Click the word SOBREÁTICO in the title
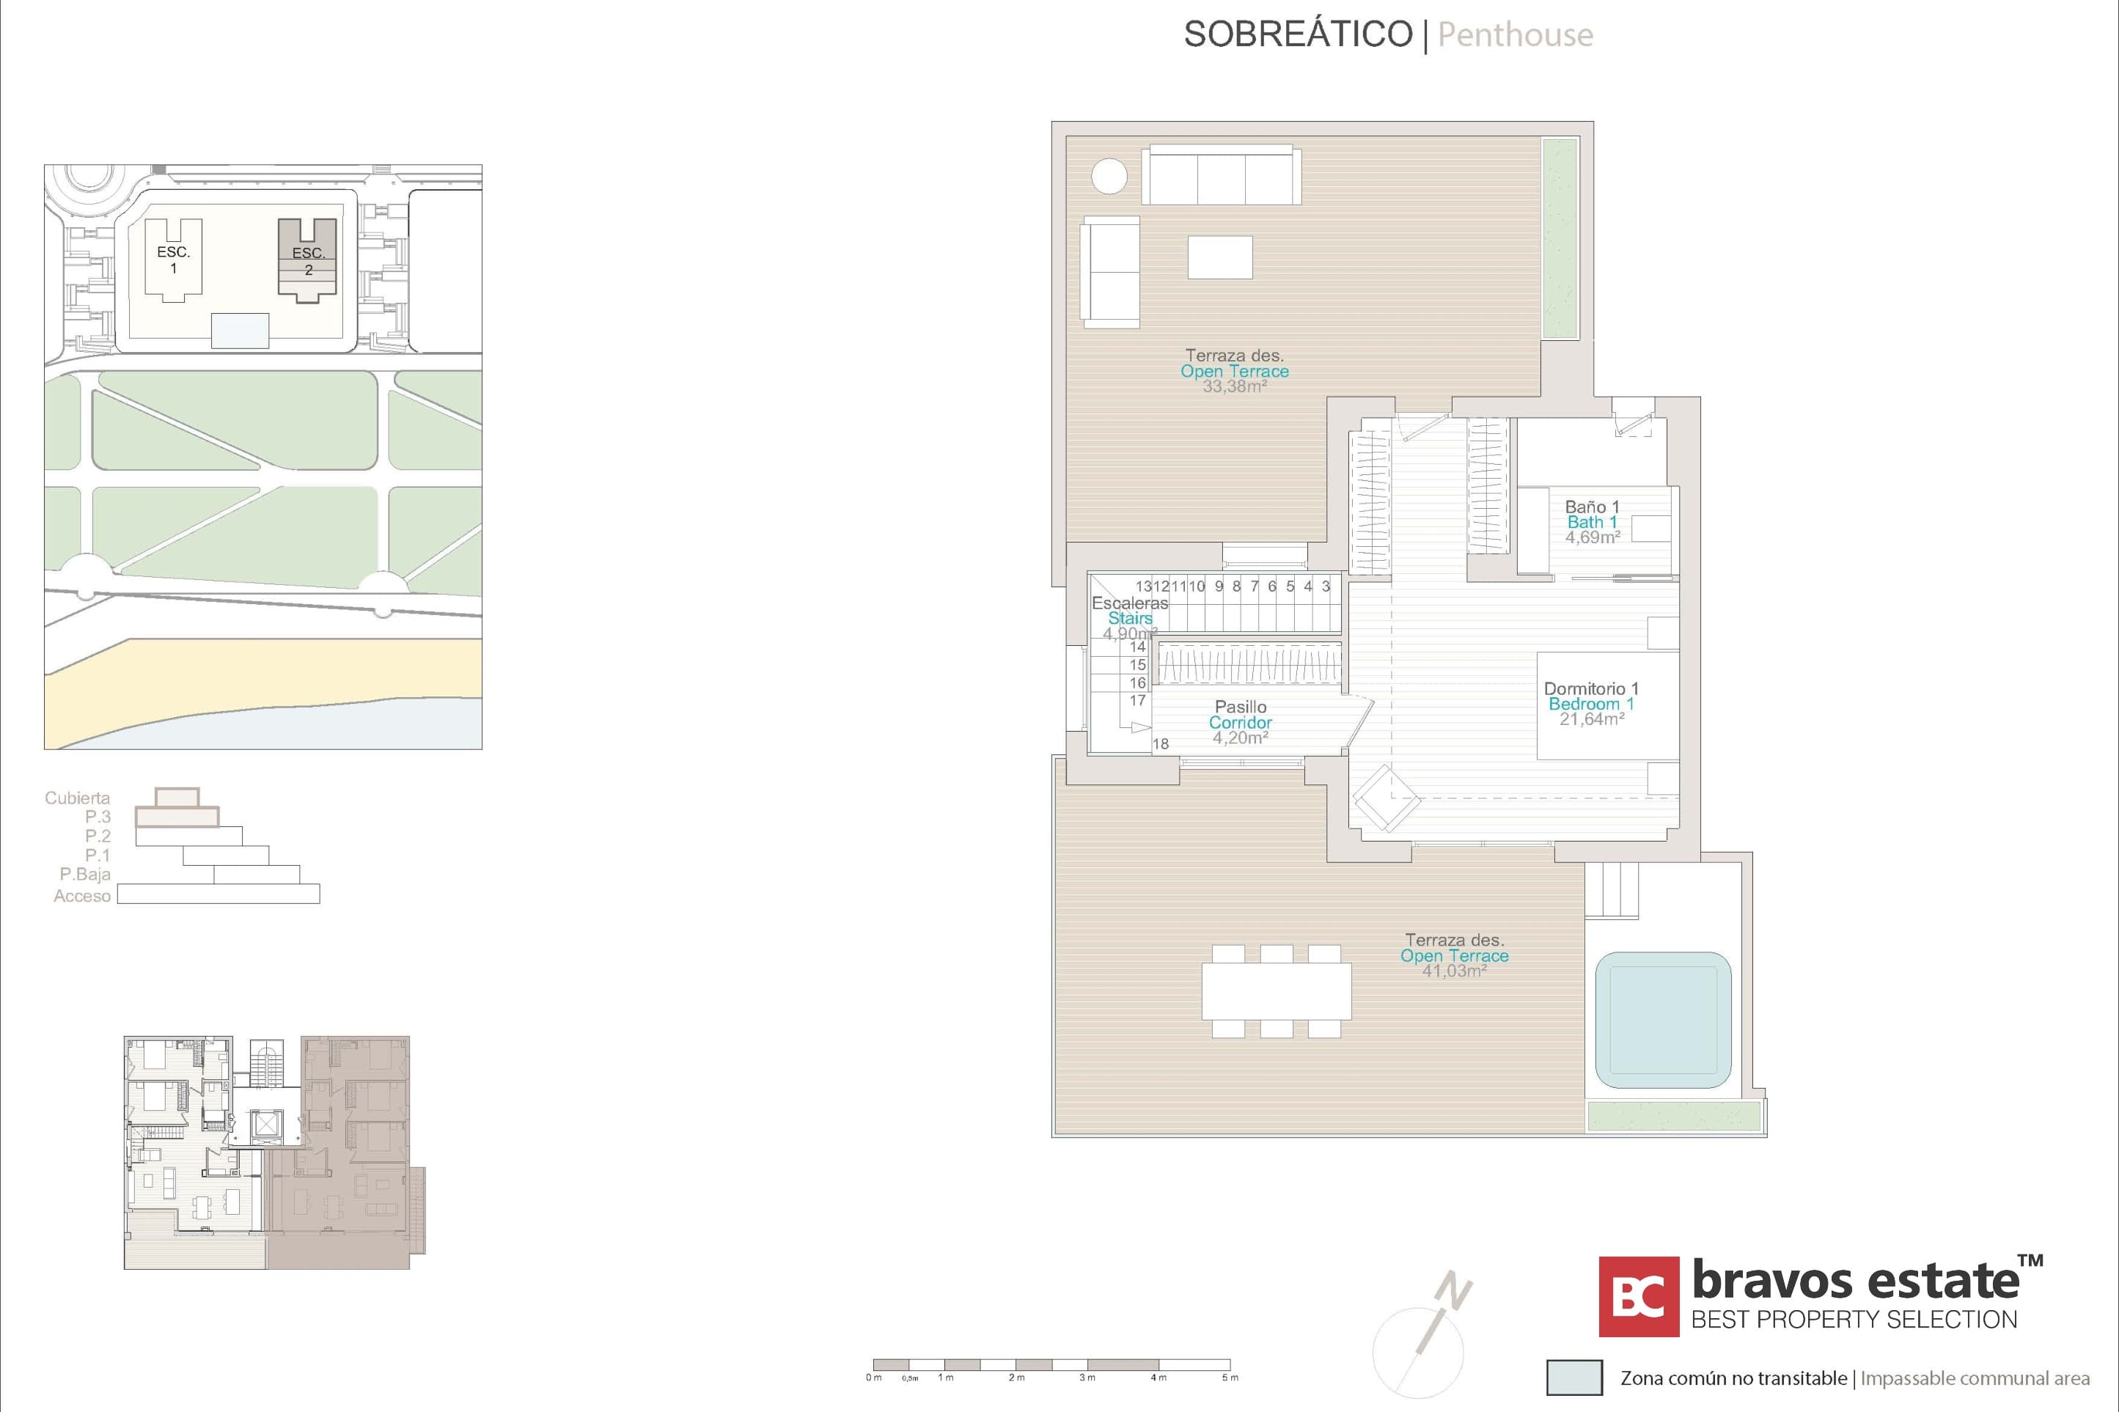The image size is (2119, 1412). click(1298, 34)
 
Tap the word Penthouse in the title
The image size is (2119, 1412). click(1515, 34)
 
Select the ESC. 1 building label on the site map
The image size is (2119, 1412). click(174, 260)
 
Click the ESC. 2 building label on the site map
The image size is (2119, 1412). click(308, 261)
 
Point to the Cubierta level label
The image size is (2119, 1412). click(78, 798)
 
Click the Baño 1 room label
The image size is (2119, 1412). click(1591, 507)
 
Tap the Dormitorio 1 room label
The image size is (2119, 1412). click(1590, 689)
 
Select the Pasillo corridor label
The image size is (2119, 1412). click(1240, 707)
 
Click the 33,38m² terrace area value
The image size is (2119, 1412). click(1235, 386)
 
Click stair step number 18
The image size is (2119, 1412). click(1161, 744)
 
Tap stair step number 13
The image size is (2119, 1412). click(1144, 587)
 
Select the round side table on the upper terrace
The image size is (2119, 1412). click(1109, 176)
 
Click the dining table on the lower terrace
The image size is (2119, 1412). click(1276, 990)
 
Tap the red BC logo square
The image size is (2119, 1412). click(1638, 1297)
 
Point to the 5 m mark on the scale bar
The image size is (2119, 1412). click(1230, 1377)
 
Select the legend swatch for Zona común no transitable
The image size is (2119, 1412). click(1574, 1378)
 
